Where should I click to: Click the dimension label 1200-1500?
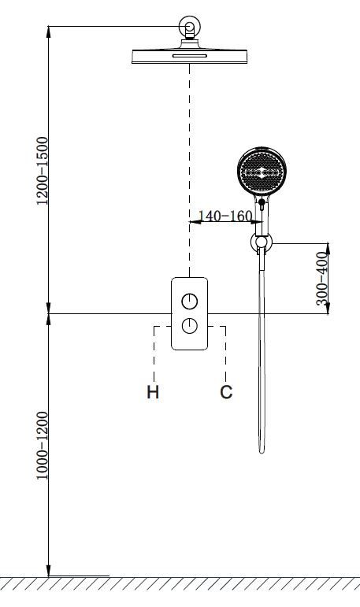[43, 171]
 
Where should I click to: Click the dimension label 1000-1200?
[43, 446]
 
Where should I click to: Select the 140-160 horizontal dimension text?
[225, 216]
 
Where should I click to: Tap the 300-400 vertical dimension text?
[321, 279]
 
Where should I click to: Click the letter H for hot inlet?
[153, 392]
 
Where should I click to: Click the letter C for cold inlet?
[226, 392]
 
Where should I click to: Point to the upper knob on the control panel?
[190, 302]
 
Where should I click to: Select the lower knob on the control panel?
[190, 326]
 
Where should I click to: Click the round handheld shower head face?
[262, 172]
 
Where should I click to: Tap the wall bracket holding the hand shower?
[262, 242]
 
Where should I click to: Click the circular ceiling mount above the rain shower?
[190, 26]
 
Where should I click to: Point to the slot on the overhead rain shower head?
[190, 56]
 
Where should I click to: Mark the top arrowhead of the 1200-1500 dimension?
[48, 31]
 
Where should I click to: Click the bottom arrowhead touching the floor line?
[48, 571]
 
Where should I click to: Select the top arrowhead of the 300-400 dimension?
[328, 248]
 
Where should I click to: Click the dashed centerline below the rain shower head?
[190, 170]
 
